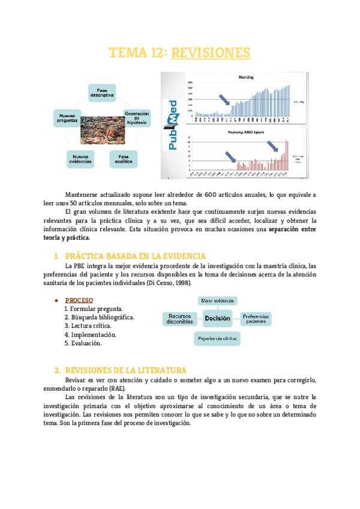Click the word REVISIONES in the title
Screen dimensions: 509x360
coord(210,53)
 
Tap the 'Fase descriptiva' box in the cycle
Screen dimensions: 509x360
coord(103,92)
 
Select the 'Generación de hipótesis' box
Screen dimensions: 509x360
coord(137,118)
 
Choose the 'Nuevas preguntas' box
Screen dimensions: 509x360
coord(67,117)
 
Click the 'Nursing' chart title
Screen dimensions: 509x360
coord(246,77)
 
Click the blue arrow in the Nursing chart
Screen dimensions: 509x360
coord(224,98)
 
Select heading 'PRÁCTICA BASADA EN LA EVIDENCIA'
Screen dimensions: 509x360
coord(135,256)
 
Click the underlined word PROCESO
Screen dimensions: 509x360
coord(79,300)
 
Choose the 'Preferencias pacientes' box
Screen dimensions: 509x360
coord(256,319)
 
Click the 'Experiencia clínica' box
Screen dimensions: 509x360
coord(218,339)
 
